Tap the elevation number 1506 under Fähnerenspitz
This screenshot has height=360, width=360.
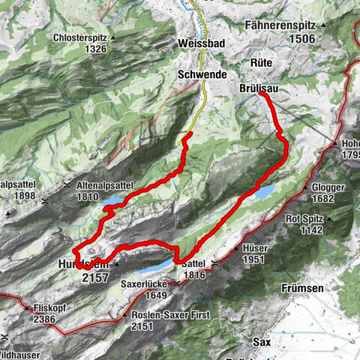coord(305,39)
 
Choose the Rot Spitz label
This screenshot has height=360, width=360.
coord(305,220)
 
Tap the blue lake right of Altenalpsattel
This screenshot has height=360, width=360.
coord(115,202)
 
